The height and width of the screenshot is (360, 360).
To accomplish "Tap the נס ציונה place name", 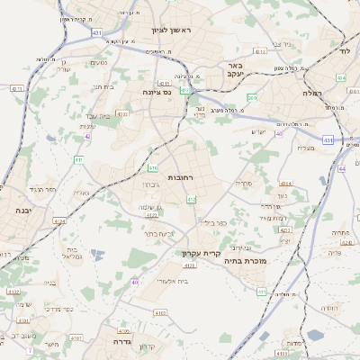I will (x=157, y=92).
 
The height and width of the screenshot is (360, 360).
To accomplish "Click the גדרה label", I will (x=122, y=342).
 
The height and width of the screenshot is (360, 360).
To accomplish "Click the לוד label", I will (x=346, y=51).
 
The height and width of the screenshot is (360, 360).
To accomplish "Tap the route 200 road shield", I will (x=252, y=97).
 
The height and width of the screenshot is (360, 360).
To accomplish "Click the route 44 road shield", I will (x=343, y=167).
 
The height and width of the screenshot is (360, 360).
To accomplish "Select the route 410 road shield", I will (x=153, y=167).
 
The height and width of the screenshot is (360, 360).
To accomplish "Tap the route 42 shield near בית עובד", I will (x=88, y=135).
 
